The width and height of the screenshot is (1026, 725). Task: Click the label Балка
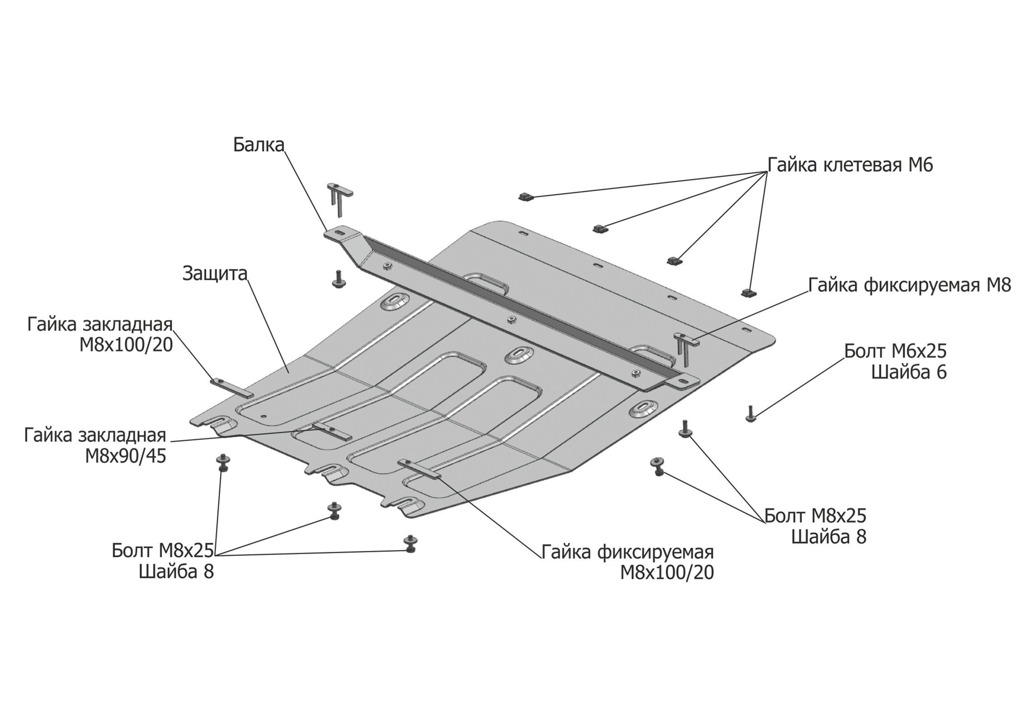[258, 145]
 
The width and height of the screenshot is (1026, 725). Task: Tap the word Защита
[214, 273]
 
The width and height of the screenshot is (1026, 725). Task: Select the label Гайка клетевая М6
[850, 165]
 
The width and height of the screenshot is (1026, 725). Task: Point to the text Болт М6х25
[895, 351]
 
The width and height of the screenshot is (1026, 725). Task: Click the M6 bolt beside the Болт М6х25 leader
[750, 414]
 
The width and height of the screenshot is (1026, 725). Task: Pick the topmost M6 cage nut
[526, 196]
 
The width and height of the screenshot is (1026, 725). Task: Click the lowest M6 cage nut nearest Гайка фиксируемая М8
[748, 293]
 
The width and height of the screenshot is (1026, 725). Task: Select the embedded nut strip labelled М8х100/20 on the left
[231, 388]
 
